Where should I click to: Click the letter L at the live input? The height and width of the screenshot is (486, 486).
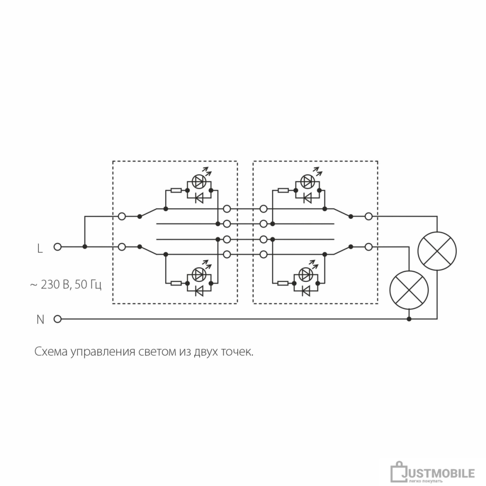pos(40,248)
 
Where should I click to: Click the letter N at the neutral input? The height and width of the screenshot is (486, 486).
pos(40,319)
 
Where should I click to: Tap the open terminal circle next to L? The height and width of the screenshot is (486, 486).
pos(57,247)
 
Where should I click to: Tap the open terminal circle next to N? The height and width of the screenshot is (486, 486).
pos(57,319)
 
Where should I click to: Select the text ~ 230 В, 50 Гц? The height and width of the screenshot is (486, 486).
pos(66,285)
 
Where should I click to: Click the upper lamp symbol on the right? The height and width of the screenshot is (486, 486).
pos(437,251)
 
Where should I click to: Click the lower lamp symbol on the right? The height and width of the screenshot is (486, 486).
pos(409,290)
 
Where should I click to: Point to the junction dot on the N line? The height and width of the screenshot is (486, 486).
pos(409,319)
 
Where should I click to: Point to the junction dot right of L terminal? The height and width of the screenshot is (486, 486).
pos(85,247)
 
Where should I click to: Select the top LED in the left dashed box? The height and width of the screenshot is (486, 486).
pos(199,182)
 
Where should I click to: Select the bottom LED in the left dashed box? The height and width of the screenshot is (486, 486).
pos(199,274)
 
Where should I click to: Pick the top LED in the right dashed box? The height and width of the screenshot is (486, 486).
pos(307,182)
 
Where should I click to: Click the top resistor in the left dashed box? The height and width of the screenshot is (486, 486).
pos(176,190)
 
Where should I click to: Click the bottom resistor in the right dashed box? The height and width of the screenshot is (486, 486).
pos(283,283)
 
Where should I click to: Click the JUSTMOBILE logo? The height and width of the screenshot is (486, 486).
pos(433,473)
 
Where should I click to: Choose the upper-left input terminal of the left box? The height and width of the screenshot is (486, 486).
pos(122,216)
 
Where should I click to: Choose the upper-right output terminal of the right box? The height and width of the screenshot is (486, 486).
pos(368,216)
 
